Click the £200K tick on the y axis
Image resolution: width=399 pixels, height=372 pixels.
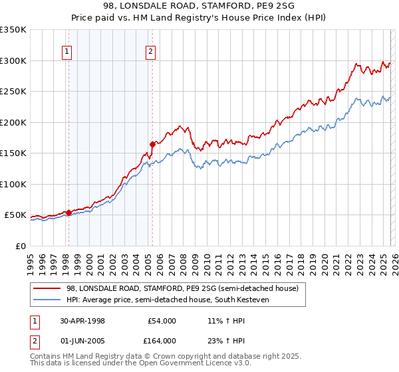[13, 122]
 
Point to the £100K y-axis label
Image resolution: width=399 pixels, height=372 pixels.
[13, 184]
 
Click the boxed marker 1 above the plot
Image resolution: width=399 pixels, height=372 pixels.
[68, 52]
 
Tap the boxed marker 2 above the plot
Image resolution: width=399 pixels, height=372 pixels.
[151, 52]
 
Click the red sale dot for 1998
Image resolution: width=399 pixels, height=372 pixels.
[68, 213]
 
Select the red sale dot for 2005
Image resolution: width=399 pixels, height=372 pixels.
[152, 143]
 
